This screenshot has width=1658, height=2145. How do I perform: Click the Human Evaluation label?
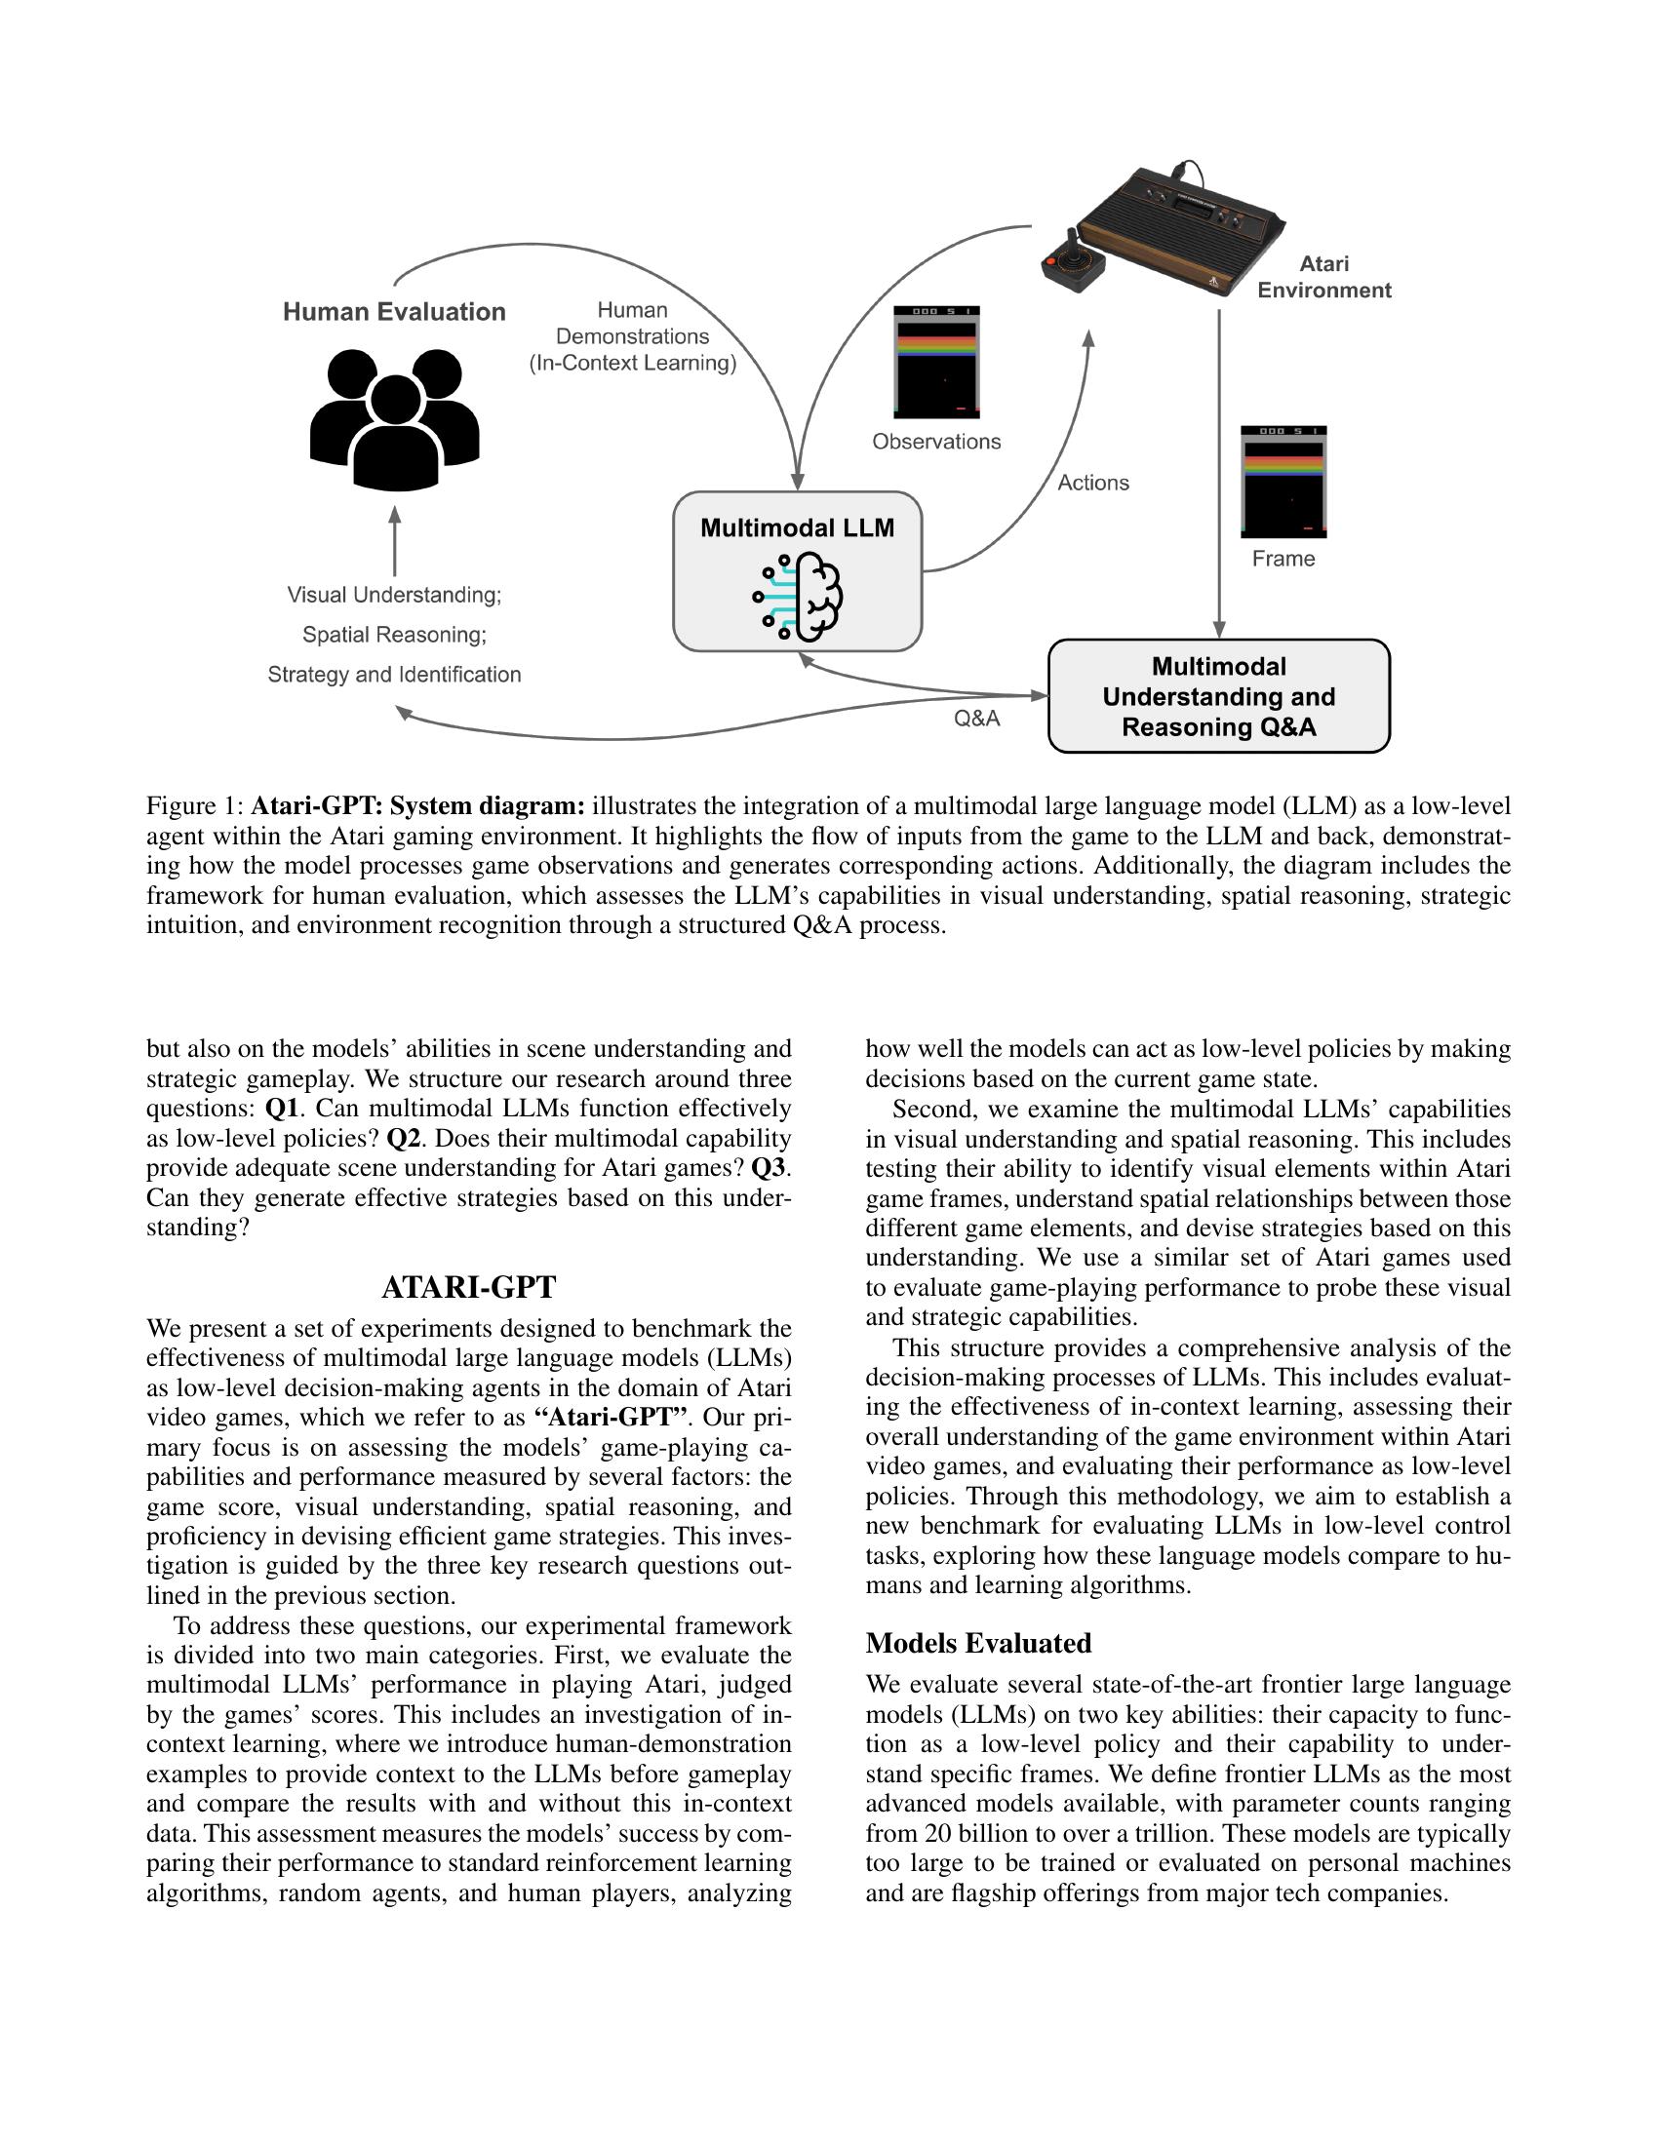(x=394, y=311)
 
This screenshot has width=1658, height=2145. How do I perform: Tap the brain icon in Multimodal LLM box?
(x=799, y=596)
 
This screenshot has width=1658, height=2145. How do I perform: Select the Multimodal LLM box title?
(x=797, y=527)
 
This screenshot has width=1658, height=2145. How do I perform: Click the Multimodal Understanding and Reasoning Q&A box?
(x=1218, y=696)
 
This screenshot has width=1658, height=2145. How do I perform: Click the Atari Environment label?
(x=1323, y=277)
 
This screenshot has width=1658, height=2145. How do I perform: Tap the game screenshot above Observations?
(x=936, y=363)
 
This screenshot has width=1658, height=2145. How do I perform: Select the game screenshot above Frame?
(x=1283, y=482)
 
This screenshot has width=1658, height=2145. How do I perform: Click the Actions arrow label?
(x=1092, y=483)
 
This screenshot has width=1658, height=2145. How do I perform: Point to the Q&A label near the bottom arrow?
(x=976, y=718)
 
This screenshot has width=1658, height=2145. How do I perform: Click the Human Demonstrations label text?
(x=633, y=336)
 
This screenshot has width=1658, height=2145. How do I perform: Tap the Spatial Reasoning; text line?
(x=394, y=635)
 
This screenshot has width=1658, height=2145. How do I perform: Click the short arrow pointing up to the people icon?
(x=395, y=541)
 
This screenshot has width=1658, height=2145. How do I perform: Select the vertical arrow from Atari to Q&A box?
(x=1219, y=472)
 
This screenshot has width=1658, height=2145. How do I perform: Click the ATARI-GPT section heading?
(x=468, y=1287)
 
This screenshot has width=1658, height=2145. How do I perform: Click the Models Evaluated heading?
(x=977, y=1642)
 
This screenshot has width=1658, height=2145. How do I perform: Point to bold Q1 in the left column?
(x=281, y=1108)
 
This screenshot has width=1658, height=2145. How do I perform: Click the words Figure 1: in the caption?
(x=193, y=806)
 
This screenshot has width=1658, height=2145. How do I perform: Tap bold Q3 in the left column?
(x=770, y=1168)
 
